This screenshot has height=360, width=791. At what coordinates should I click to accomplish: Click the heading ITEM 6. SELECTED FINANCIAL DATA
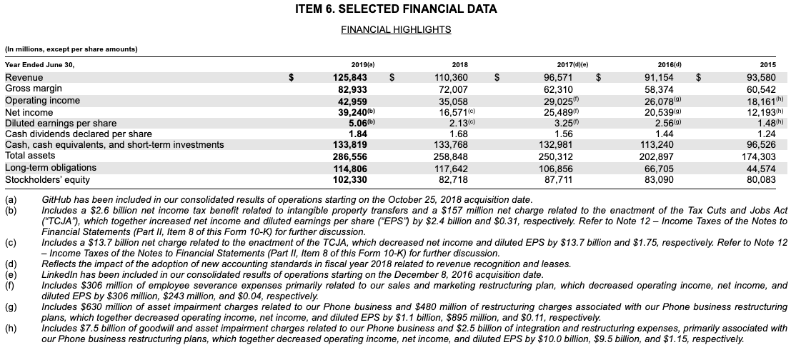[395, 10]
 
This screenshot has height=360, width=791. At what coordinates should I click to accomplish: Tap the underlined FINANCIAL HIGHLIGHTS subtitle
[395, 29]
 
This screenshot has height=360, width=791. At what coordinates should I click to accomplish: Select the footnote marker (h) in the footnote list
[11, 329]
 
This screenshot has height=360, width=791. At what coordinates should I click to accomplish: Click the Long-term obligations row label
[51, 167]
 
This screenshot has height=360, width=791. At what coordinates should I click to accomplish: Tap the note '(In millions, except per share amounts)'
[71, 49]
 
